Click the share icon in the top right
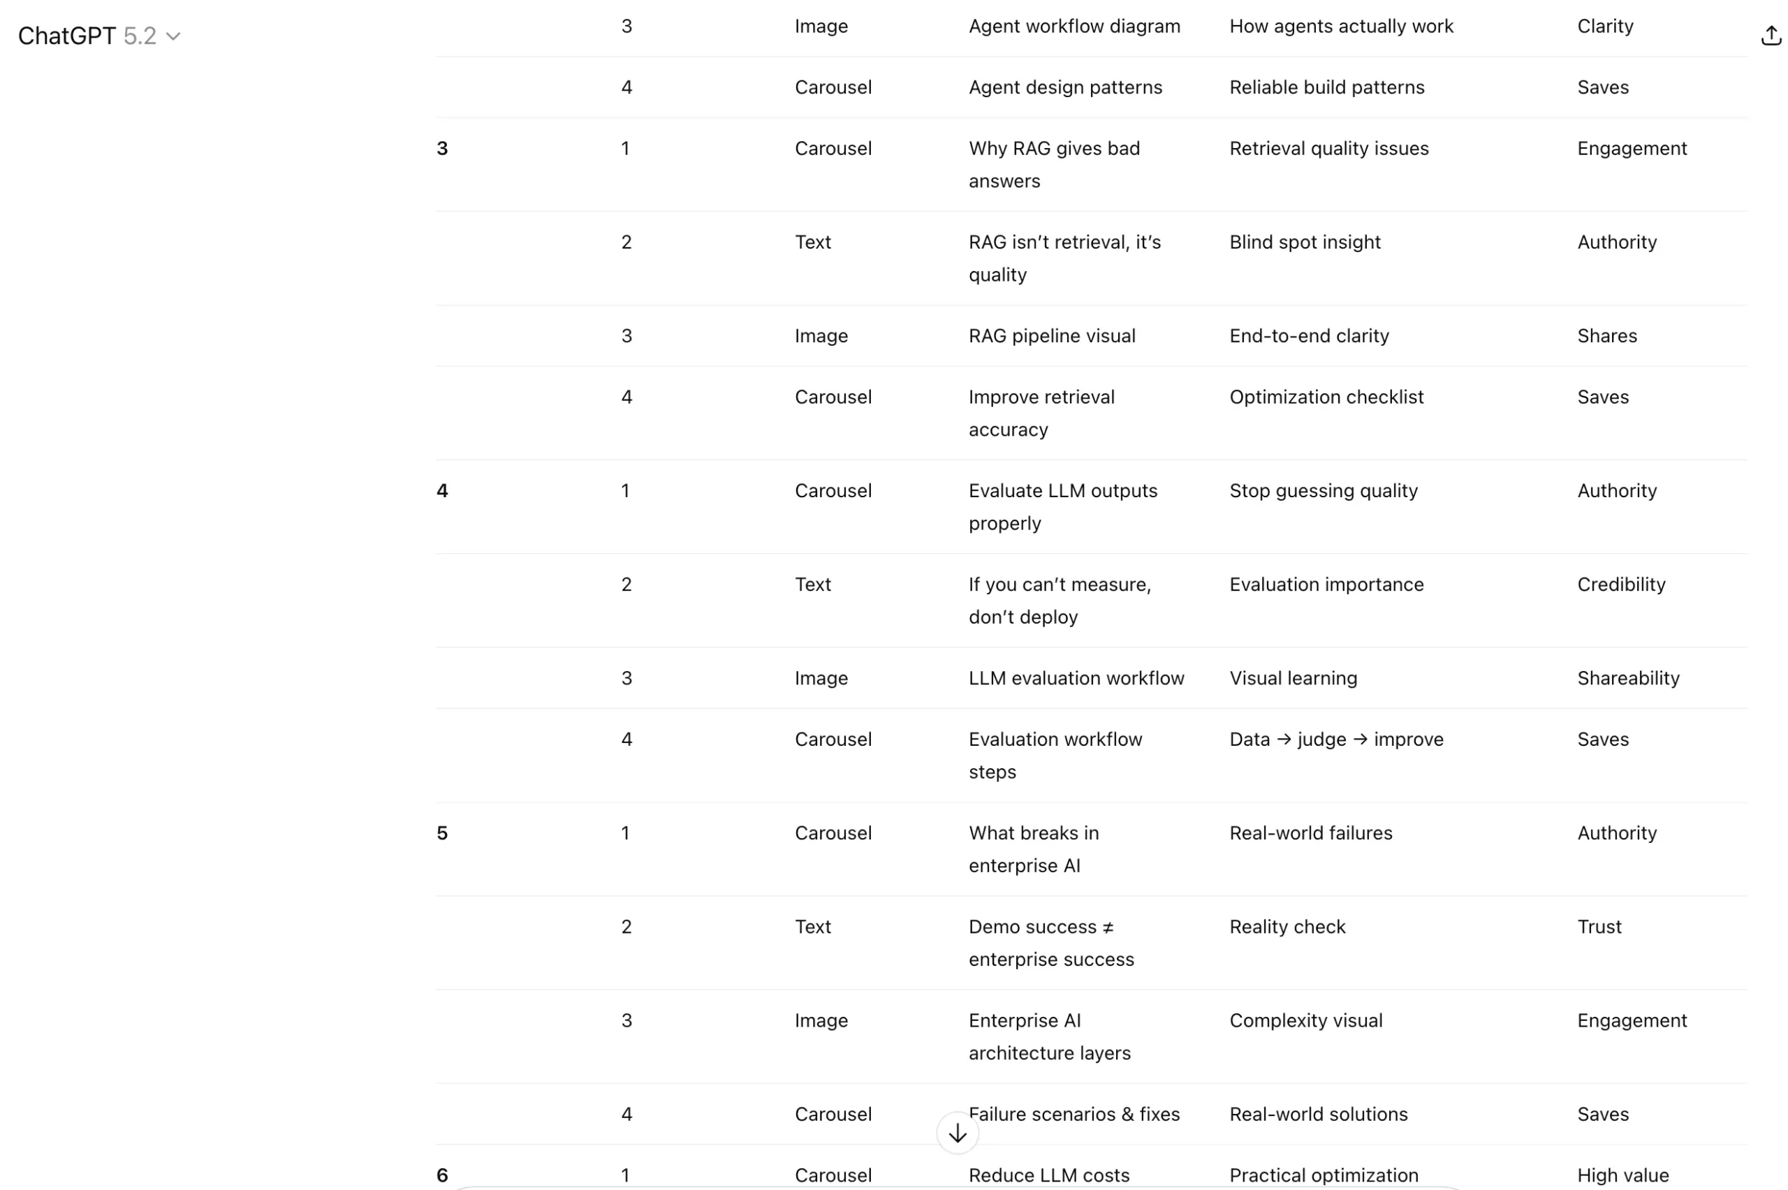tap(1770, 36)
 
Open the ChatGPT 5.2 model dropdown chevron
tap(173, 36)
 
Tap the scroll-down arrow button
tap(957, 1133)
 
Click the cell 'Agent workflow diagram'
tap(1074, 27)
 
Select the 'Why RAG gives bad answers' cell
tap(1053, 164)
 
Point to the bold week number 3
tap(442, 149)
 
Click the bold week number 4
tap(442, 491)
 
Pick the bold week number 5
tap(442, 833)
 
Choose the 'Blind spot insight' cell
tap(1305, 242)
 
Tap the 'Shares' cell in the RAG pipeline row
tap(1606, 336)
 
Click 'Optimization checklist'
tap(1326, 397)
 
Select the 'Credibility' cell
tap(1621, 585)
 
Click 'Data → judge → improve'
tap(1335, 739)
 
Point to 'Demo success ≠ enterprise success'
tap(1050, 943)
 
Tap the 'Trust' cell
tap(1599, 927)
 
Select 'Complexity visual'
tap(1305, 1021)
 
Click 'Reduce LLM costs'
tap(1049, 1175)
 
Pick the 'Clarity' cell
tap(1605, 27)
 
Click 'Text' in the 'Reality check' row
tap(813, 927)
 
